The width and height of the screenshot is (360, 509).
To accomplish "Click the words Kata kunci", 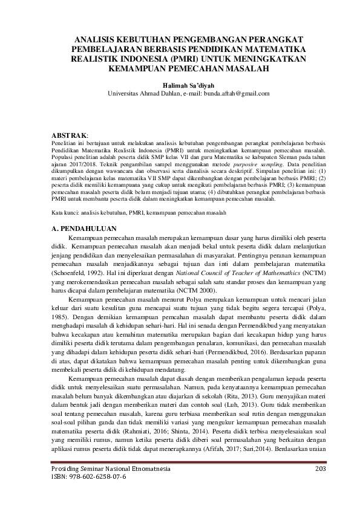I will (60, 214).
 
